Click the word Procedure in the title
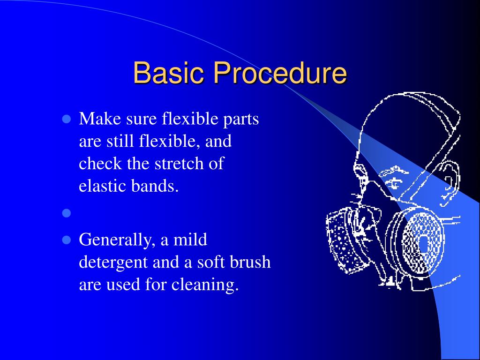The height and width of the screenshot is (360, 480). pos(280,74)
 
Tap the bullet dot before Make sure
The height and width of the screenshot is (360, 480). pos(66,119)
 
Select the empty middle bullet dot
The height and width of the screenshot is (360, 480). pos(66,214)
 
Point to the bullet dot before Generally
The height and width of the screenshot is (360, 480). pos(66,240)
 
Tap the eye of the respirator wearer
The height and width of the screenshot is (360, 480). pos(392,180)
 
